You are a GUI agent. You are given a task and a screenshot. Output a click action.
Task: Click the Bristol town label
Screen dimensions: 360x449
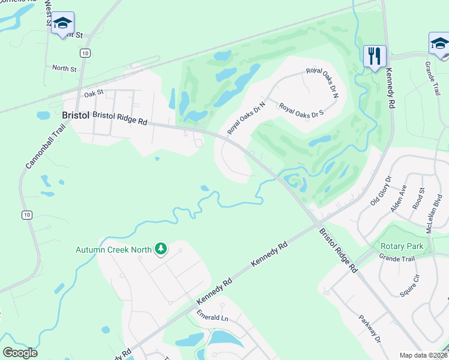pos(76,115)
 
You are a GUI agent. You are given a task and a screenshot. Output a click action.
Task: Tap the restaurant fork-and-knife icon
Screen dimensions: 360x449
pos(375,56)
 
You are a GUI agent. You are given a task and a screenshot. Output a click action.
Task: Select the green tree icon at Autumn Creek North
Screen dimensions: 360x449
pos(160,248)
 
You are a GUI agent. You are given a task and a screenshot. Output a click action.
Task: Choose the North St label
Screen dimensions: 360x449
pos(64,69)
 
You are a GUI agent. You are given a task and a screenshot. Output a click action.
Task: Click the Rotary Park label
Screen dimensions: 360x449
pos(402,246)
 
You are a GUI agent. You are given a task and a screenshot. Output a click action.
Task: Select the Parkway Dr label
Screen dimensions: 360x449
pos(370,329)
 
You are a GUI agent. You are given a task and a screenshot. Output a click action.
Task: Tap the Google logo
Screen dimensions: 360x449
pos(20,352)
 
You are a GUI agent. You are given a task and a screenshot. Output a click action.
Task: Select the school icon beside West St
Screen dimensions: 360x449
pos(62,24)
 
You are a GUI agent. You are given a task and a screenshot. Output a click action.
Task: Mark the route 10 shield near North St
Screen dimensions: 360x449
pos(87,53)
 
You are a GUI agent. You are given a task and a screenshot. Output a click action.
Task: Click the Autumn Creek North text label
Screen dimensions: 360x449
pos(114,250)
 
